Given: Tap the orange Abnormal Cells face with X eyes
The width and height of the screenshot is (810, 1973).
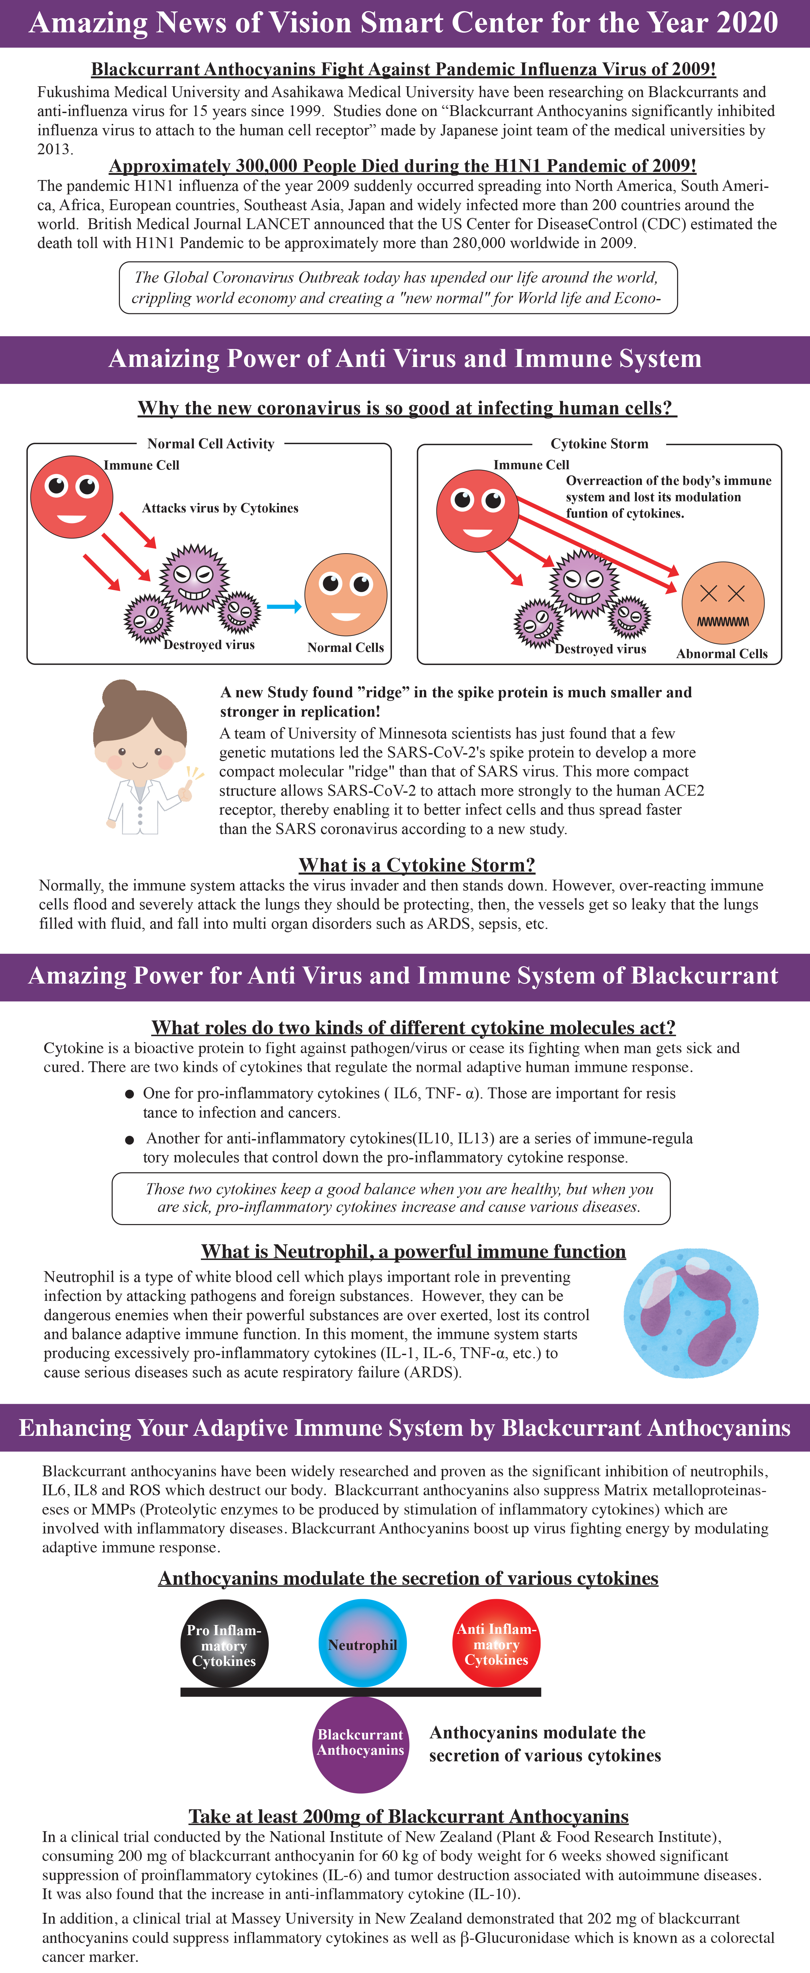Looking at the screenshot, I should click(723, 602).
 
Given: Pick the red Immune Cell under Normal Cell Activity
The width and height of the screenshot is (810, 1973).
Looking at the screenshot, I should click(72, 496).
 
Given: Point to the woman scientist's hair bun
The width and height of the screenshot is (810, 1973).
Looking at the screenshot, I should click(119, 695).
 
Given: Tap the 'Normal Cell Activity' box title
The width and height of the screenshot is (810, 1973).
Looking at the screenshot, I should click(211, 443).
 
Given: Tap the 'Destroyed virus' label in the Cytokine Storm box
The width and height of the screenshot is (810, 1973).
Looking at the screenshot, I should click(600, 649).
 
